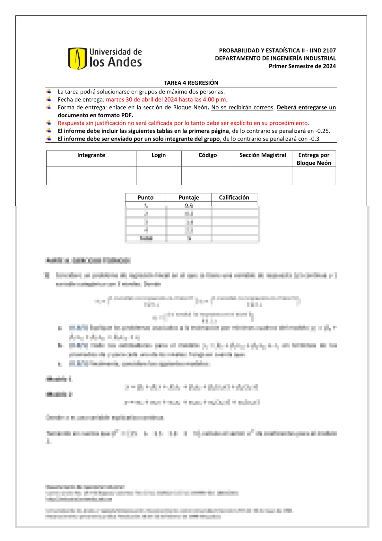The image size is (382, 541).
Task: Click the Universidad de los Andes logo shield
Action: [77, 59]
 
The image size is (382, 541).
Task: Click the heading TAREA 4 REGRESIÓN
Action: [191, 83]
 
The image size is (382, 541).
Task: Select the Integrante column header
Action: [91, 155]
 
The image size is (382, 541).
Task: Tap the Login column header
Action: [159, 155]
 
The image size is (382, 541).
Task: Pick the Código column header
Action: [208, 155]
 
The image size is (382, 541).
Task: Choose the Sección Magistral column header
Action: [263, 155]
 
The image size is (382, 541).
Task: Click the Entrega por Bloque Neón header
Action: [314, 159]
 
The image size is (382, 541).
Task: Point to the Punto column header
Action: [145, 197]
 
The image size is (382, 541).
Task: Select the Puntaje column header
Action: [189, 197]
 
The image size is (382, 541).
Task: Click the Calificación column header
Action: [234, 197]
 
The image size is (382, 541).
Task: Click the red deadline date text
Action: [167, 100]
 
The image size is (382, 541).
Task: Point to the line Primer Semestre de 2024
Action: [302, 66]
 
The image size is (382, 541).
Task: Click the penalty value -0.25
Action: [322, 131]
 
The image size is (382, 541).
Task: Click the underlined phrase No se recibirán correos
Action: [242, 107]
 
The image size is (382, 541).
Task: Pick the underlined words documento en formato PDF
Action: [95, 115]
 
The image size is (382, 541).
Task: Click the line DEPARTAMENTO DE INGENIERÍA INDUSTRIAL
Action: [275, 58]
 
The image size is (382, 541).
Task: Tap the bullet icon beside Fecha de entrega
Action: [49, 99]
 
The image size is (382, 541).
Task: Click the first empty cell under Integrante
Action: [91, 171]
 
